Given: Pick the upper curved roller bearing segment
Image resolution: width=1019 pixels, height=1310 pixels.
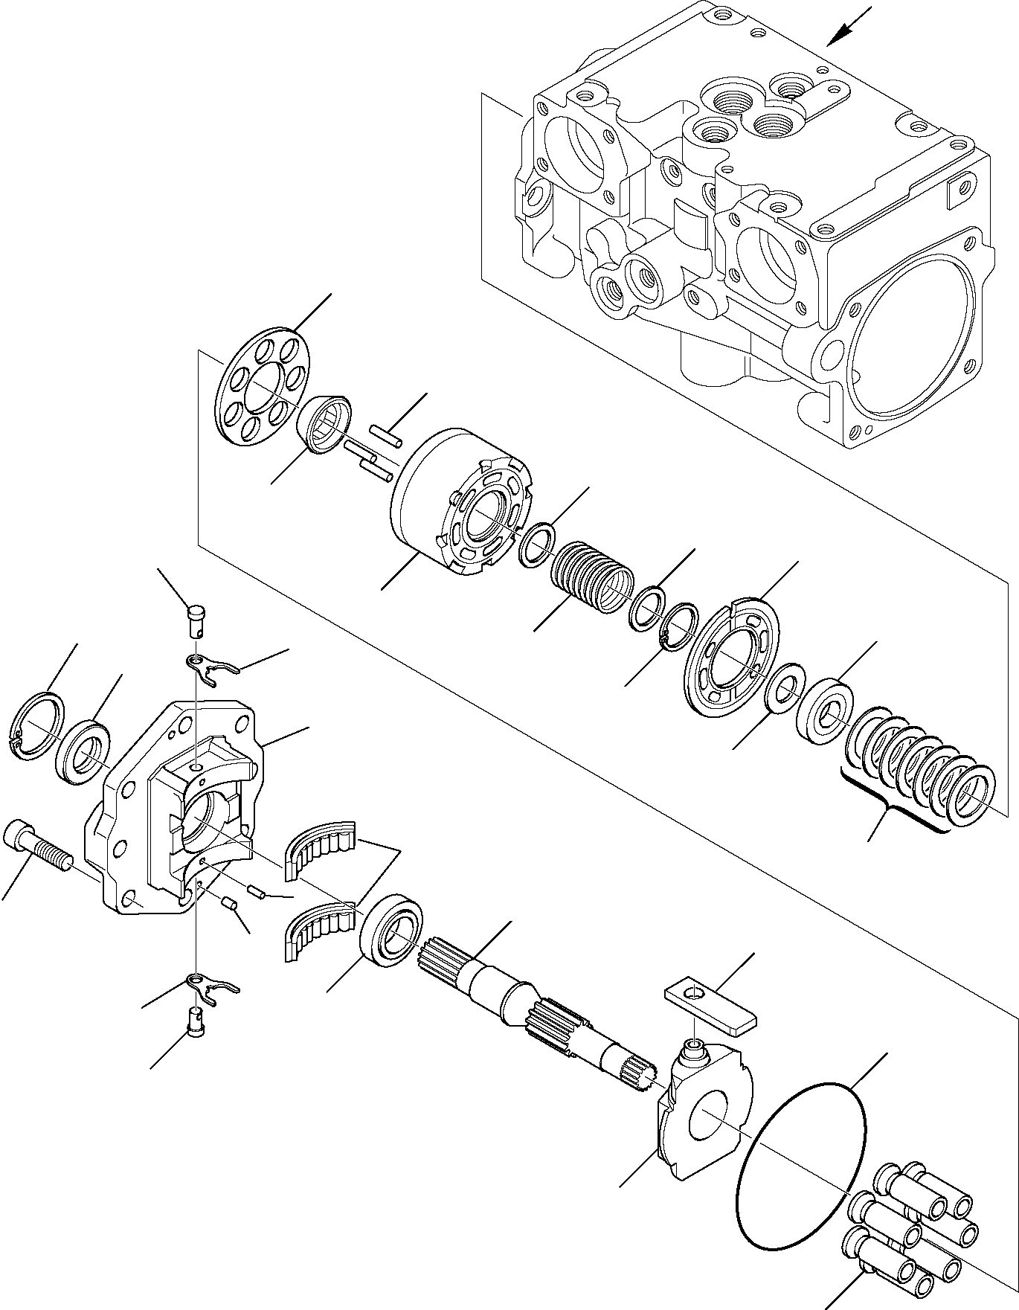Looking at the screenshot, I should [320, 846].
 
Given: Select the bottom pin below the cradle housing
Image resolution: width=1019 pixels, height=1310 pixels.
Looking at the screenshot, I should [197, 1019].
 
